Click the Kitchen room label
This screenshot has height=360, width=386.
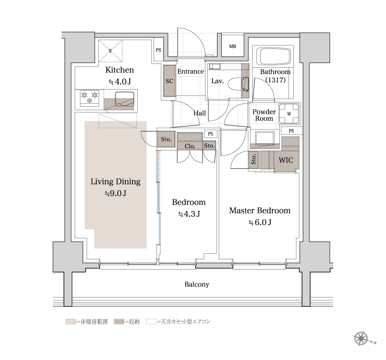[x=120, y=70]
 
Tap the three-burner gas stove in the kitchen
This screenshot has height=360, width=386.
[x=90, y=98]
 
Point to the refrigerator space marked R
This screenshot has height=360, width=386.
[x=110, y=51]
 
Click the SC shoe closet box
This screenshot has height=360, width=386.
[x=169, y=81]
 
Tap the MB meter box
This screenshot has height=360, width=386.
[x=232, y=46]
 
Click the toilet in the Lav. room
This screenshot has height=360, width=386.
[x=239, y=84]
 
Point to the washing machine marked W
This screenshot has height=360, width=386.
[x=289, y=114]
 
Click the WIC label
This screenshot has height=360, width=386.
[x=286, y=160]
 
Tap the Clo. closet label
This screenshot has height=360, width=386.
[x=190, y=146]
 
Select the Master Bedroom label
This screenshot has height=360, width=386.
[x=260, y=210]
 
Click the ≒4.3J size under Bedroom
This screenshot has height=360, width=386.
[x=189, y=214]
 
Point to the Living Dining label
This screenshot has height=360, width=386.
[x=115, y=182]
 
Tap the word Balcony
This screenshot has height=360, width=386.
[x=197, y=285]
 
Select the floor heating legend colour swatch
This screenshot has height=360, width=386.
[x=71, y=321]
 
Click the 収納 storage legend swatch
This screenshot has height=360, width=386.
[x=119, y=321]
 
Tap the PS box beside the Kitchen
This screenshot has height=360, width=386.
[x=158, y=50]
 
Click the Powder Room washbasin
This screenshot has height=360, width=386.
[x=265, y=138]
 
